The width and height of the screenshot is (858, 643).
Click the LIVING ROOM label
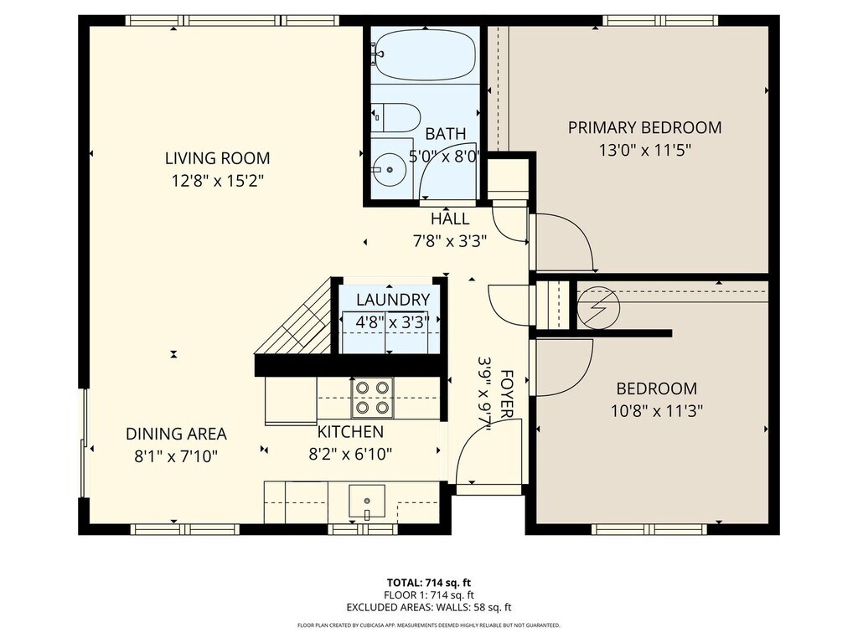pos(218,158)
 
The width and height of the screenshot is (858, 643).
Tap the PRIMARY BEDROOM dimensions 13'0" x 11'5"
pos(645,150)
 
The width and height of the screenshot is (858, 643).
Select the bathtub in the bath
pos(426,56)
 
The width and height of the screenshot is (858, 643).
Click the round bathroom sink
pos(390,169)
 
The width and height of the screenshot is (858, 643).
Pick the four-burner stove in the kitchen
pos(372,398)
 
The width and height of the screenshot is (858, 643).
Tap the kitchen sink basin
pos(367,502)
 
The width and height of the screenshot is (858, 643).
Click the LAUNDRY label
pos(393,300)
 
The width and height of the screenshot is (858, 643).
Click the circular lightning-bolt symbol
pos(598,308)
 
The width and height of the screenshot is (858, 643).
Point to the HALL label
pos(450,219)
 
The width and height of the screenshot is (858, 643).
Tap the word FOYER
pos(507,394)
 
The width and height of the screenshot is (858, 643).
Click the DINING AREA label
pos(176,435)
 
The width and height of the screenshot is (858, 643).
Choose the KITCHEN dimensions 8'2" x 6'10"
pos(351,455)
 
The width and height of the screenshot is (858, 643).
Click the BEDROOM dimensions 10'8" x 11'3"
pos(657,410)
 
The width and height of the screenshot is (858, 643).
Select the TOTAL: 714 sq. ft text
pos(429,583)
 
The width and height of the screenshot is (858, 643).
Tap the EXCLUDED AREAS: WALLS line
pos(429,607)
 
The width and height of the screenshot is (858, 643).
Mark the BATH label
pos(446,133)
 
